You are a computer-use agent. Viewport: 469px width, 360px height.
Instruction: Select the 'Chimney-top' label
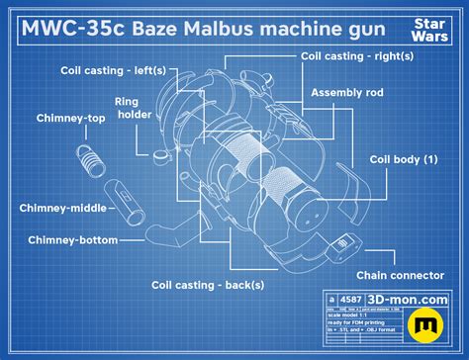point(43,118)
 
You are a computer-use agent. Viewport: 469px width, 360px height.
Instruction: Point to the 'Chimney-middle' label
point(58,208)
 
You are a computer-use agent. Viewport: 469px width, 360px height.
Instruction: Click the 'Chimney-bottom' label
point(73,239)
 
